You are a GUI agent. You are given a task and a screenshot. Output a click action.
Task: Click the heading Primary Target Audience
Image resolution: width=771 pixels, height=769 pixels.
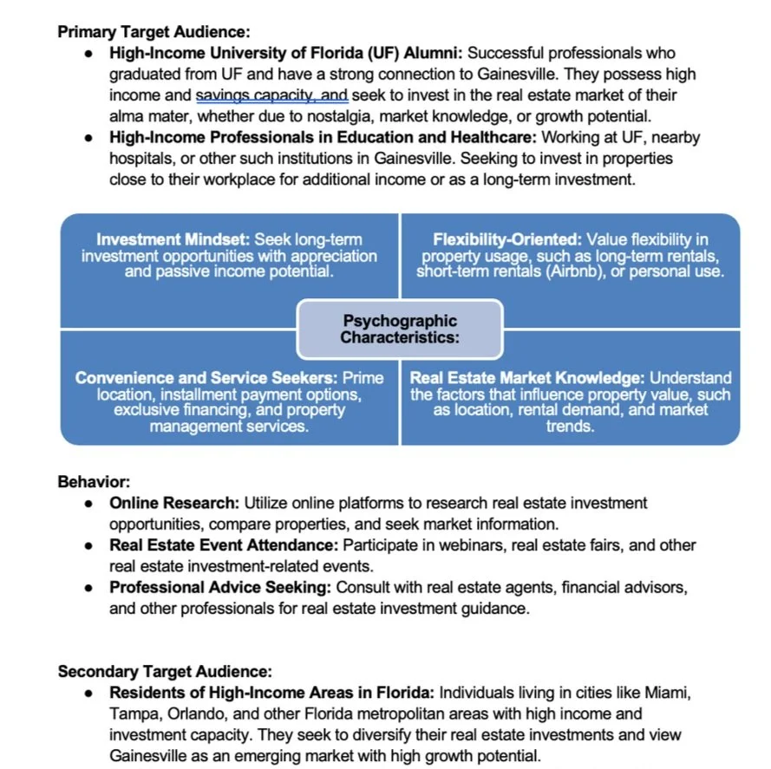(x=154, y=32)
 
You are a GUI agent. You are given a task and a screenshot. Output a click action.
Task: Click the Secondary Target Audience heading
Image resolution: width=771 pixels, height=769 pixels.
(x=165, y=671)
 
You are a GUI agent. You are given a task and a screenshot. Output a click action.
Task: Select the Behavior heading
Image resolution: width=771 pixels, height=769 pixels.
(x=94, y=481)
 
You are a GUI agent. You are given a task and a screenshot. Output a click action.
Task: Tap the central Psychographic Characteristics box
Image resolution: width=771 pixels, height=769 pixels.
(x=399, y=329)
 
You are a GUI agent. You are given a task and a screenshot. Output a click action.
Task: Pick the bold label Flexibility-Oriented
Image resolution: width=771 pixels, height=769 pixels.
(x=506, y=239)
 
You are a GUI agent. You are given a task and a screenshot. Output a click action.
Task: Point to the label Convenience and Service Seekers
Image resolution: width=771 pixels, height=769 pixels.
(x=206, y=378)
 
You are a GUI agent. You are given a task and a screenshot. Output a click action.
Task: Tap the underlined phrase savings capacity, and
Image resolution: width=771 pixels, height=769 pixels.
(x=271, y=95)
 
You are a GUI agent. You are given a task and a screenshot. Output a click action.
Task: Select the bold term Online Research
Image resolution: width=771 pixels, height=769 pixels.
(x=173, y=503)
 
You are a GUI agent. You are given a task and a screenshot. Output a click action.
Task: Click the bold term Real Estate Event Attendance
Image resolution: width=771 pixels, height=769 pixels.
(x=223, y=545)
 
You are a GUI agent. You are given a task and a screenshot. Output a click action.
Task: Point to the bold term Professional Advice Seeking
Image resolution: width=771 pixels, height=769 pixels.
(x=219, y=588)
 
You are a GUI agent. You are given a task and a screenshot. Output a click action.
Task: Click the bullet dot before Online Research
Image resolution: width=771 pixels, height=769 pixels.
(x=90, y=503)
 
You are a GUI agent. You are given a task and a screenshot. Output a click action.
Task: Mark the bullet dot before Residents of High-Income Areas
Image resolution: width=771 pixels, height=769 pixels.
(x=90, y=693)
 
